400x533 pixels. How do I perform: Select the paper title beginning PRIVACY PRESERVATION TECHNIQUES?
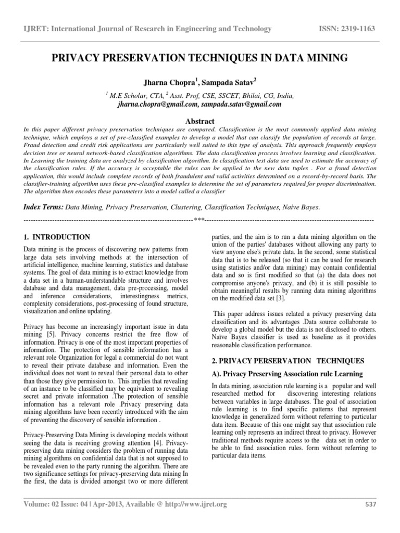(199, 58)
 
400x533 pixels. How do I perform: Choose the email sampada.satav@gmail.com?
(238, 104)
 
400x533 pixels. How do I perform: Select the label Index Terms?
(43, 207)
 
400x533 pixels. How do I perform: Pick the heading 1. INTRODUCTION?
(57, 237)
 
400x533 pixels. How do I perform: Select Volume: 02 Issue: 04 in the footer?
(58, 504)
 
